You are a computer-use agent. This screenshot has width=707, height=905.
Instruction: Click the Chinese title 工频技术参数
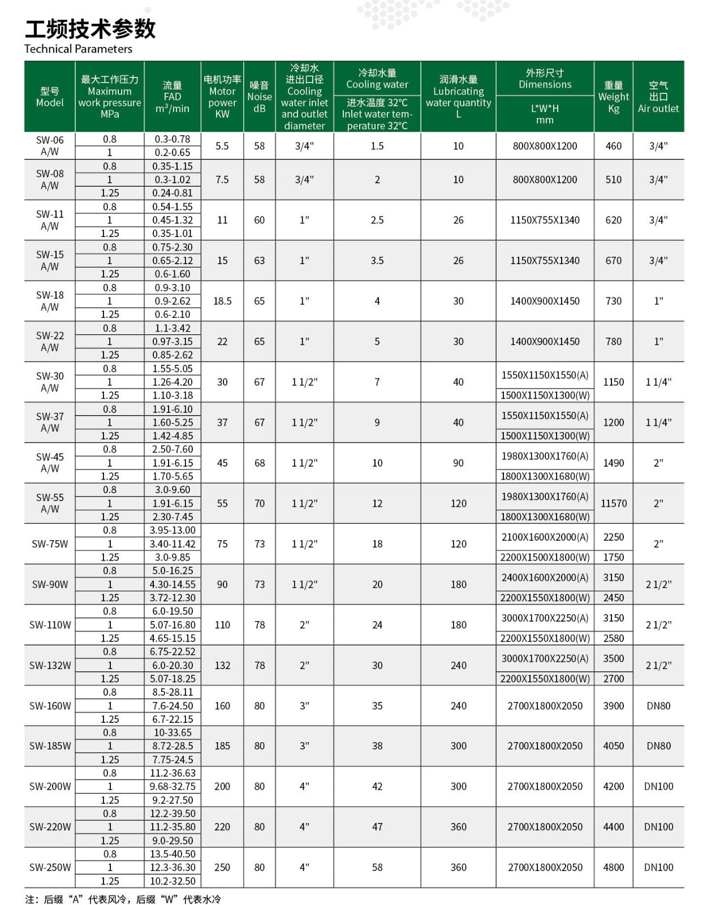pos(90,28)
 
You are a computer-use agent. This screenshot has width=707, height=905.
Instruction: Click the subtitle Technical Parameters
pos(78,49)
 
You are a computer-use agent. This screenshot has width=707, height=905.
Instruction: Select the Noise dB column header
pos(259,97)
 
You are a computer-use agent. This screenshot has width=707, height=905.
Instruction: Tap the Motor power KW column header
pos(222,97)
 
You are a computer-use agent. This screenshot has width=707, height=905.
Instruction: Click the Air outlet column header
pos(658,97)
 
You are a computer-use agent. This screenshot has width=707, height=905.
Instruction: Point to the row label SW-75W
pos(50,544)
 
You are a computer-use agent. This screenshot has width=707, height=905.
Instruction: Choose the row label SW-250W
pos(50,868)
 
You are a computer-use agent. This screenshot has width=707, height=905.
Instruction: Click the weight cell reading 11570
pos(614,503)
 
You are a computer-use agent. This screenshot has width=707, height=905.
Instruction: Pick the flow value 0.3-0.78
pos(173,139)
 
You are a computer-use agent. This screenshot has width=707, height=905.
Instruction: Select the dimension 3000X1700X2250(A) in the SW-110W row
pos(545,618)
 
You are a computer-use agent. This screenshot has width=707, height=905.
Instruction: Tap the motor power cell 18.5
pos(222,301)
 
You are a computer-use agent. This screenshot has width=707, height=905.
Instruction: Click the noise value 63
pos(259,261)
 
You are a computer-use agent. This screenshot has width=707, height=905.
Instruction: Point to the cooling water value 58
pos(377,868)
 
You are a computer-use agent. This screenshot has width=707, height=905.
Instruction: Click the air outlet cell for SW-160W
pos(658,706)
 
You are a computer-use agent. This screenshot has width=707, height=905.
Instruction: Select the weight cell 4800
pos(614,868)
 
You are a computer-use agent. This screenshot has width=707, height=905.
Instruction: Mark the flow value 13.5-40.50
pos(173,854)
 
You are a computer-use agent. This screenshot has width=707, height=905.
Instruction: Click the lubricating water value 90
pos(458,463)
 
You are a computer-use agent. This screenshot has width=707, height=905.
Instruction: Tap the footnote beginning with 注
pos(123,899)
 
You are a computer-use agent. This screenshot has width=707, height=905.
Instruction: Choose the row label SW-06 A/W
pos(50,146)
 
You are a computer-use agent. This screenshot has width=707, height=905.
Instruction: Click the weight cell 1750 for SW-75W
pos(614,558)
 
